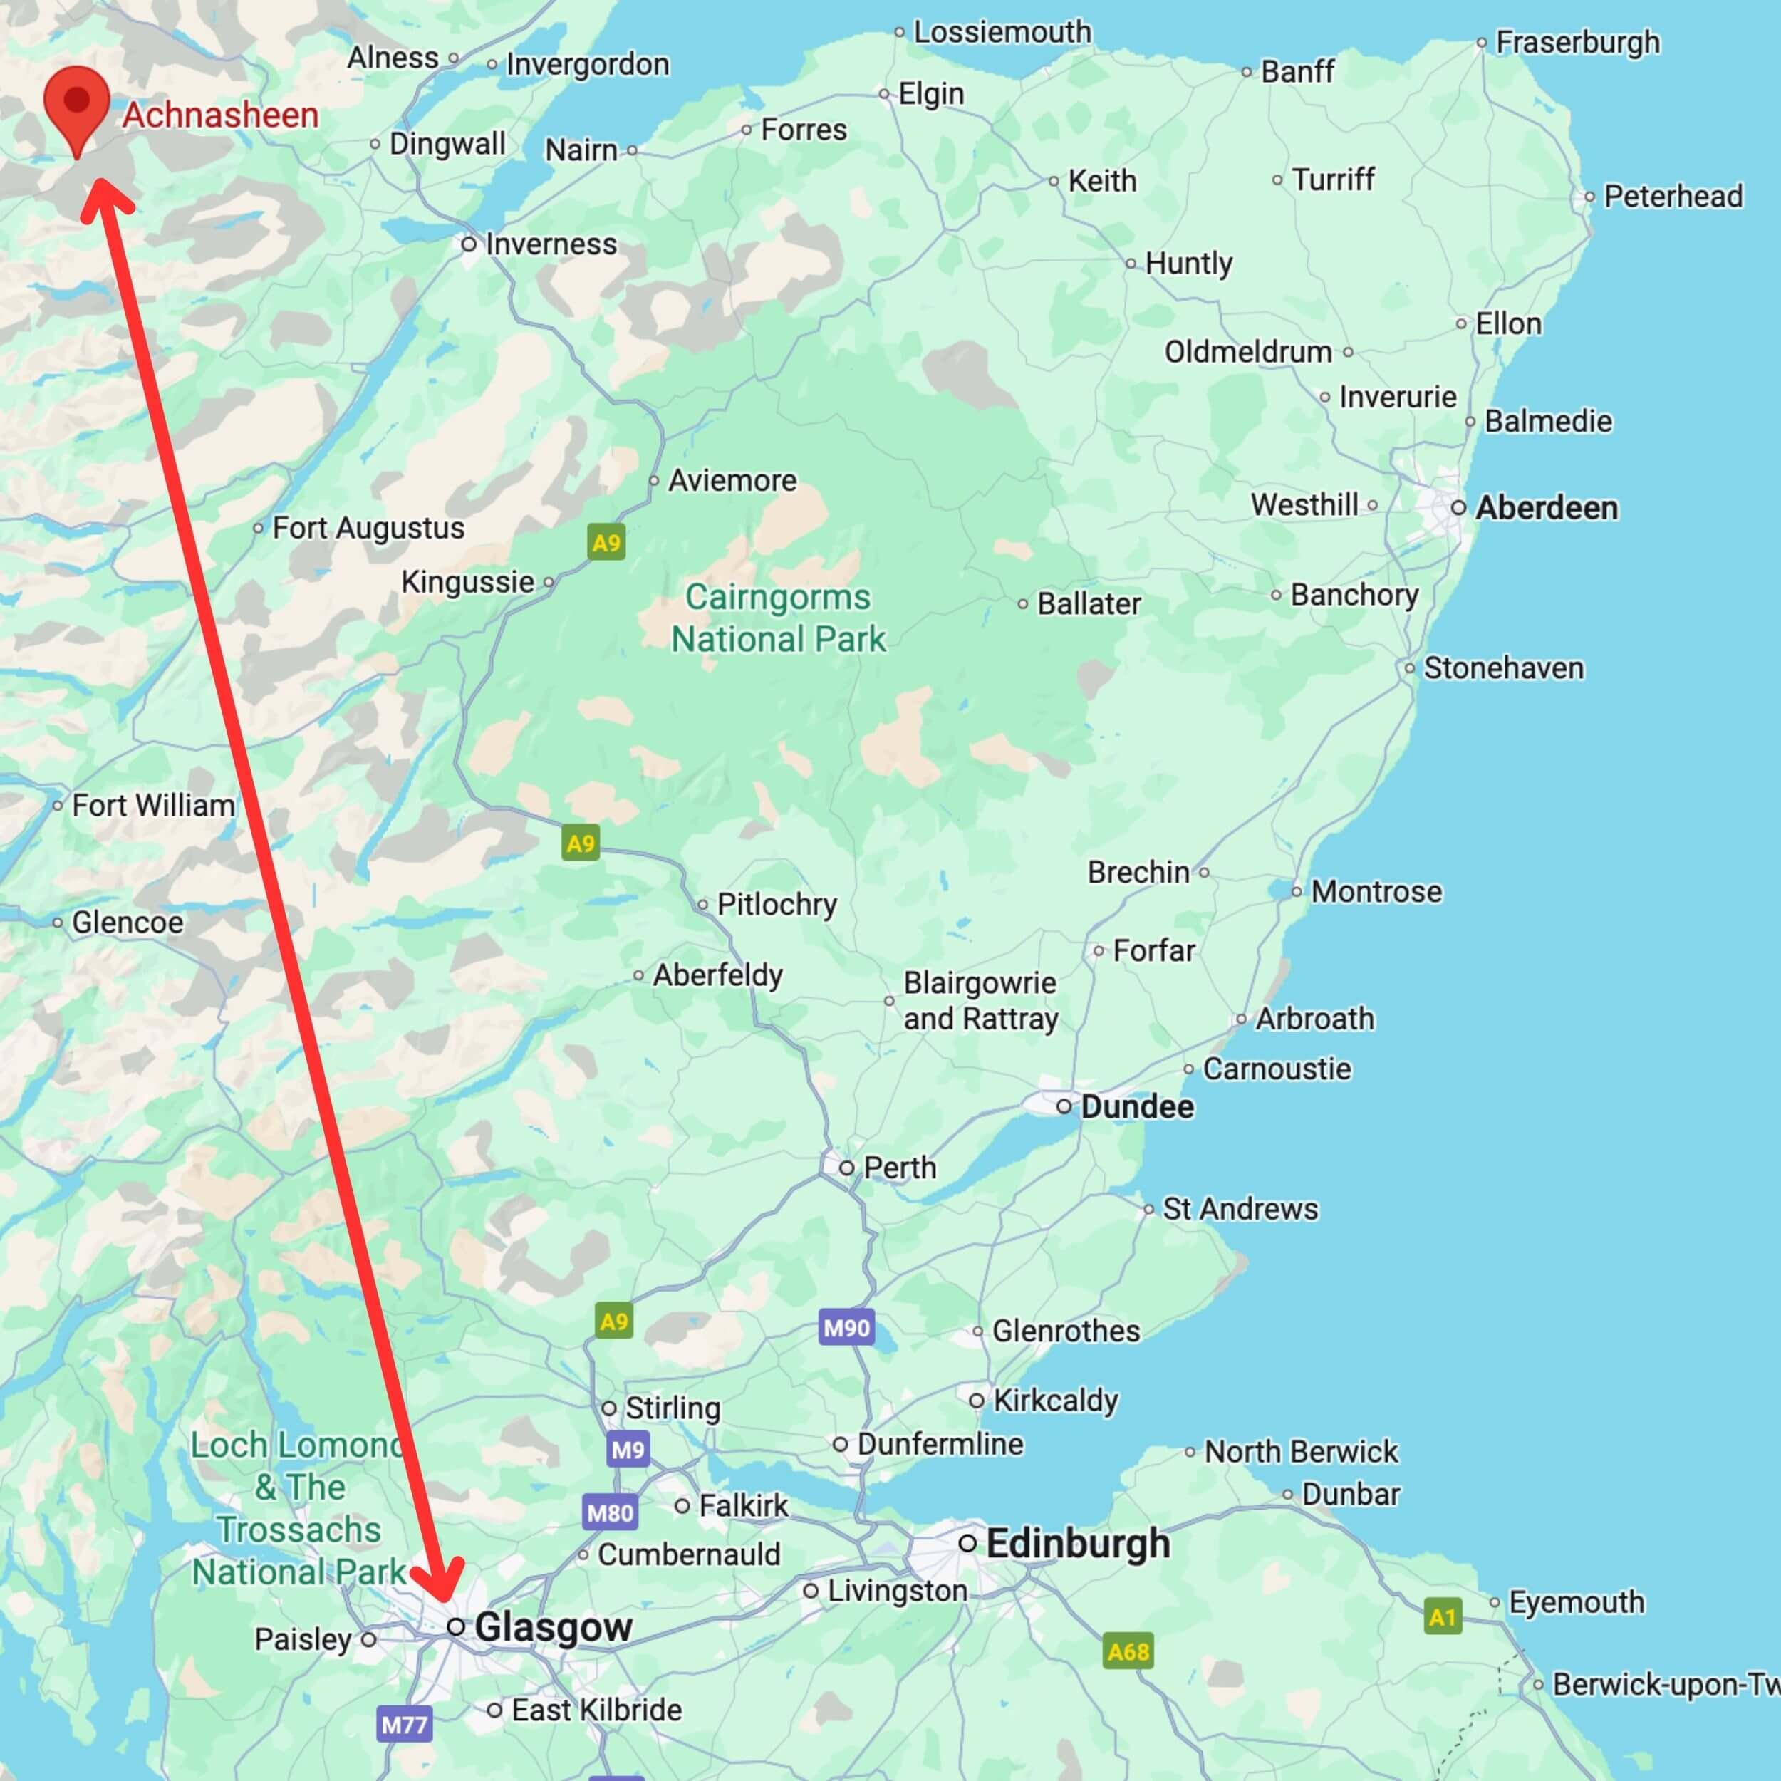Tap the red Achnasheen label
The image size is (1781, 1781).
(220, 115)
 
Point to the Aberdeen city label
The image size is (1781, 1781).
(1546, 508)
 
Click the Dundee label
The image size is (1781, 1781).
(1136, 1106)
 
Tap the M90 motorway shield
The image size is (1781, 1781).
(846, 1327)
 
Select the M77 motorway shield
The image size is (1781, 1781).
(404, 1724)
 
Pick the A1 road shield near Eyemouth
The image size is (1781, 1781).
(1442, 1616)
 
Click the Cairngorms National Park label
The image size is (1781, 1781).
(779, 618)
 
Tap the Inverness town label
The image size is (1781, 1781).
(551, 244)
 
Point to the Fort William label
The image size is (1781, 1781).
(153, 806)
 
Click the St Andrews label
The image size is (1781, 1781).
(1240, 1208)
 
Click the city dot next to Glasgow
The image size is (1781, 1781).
(455, 1627)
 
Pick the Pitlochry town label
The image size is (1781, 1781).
(777, 904)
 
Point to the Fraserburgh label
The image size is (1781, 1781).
(1577, 43)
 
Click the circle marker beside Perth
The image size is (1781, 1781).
(846, 1168)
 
